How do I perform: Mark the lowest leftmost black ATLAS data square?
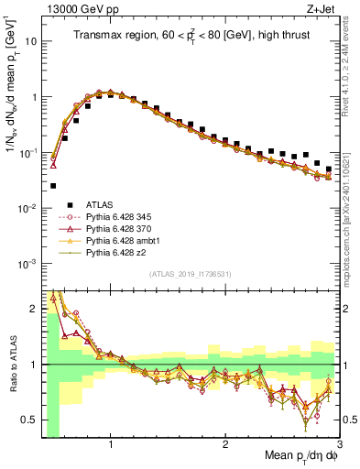(53, 185)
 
